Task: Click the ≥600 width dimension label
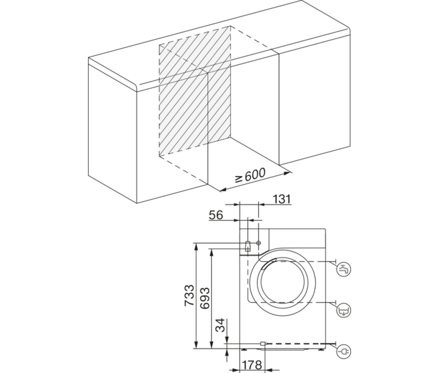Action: [x=251, y=175]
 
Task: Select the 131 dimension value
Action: [x=282, y=199]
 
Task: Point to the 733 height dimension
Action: [x=189, y=295]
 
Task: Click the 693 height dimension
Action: [x=205, y=298]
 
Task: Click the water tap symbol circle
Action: [x=344, y=270]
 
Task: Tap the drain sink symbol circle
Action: [x=344, y=311]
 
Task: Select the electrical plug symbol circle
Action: [x=344, y=352]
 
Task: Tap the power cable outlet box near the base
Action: [x=263, y=343]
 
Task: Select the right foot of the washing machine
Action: [x=321, y=349]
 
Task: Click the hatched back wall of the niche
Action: [x=195, y=90]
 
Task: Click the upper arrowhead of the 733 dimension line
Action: [x=196, y=246]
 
